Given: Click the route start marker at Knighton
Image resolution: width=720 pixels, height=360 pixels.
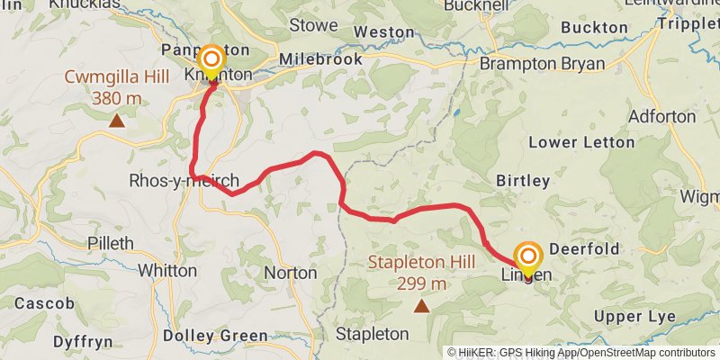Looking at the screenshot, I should click(x=211, y=62).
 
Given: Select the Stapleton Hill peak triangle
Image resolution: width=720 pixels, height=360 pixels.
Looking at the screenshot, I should click(x=420, y=306).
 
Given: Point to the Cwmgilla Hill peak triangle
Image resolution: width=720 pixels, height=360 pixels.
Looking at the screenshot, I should click(x=116, y=120).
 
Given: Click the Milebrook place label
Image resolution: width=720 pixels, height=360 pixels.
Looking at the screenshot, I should click(x=320, y=59).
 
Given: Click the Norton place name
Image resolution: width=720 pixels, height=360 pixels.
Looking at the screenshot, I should click(x=291, y=272).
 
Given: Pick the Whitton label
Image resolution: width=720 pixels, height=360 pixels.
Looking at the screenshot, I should click(x=168, y=270).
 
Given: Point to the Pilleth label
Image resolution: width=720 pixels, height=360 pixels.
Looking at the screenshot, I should click(x=111, y=243).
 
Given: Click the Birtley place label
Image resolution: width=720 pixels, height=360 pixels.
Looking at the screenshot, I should click(x=523, y=180).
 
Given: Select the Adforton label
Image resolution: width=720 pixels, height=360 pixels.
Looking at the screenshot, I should click(x=662, y=117).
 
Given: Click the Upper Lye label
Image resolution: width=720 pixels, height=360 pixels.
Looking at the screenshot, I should click(x=634, y=317).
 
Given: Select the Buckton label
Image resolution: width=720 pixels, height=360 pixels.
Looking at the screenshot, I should click(x=593, y=28).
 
